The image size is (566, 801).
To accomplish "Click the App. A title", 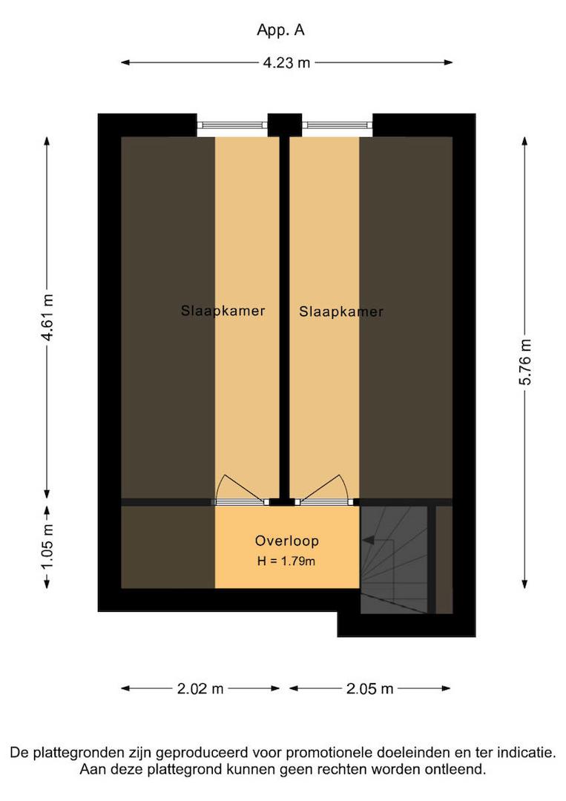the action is click(x=280, y=30).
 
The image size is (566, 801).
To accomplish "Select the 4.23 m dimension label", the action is click(x=286, y=63).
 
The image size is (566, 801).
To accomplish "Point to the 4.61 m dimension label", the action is click(x=47, y=317).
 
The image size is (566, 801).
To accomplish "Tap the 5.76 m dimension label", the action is click(x=525, y=361).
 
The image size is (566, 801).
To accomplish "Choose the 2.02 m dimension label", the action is click(x=200, y=688).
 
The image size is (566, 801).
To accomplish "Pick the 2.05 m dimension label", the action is click(x=370, y=688).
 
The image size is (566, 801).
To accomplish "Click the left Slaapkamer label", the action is click(x=223, y=311).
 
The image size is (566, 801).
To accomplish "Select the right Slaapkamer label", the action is click(x=341, y=311).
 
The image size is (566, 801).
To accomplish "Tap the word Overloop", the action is click(x=287, y=541).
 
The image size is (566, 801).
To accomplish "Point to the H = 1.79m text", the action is click(x=286, y=561).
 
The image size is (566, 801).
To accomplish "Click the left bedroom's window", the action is click(x=232, y=125).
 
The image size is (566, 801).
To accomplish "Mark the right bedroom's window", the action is click(x=338, y=125).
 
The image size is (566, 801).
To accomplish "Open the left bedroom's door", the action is click(x=240, y=502).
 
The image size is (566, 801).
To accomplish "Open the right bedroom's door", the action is click(x=324, y=502).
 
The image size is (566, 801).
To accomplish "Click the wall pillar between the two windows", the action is click(x=285, y=125).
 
